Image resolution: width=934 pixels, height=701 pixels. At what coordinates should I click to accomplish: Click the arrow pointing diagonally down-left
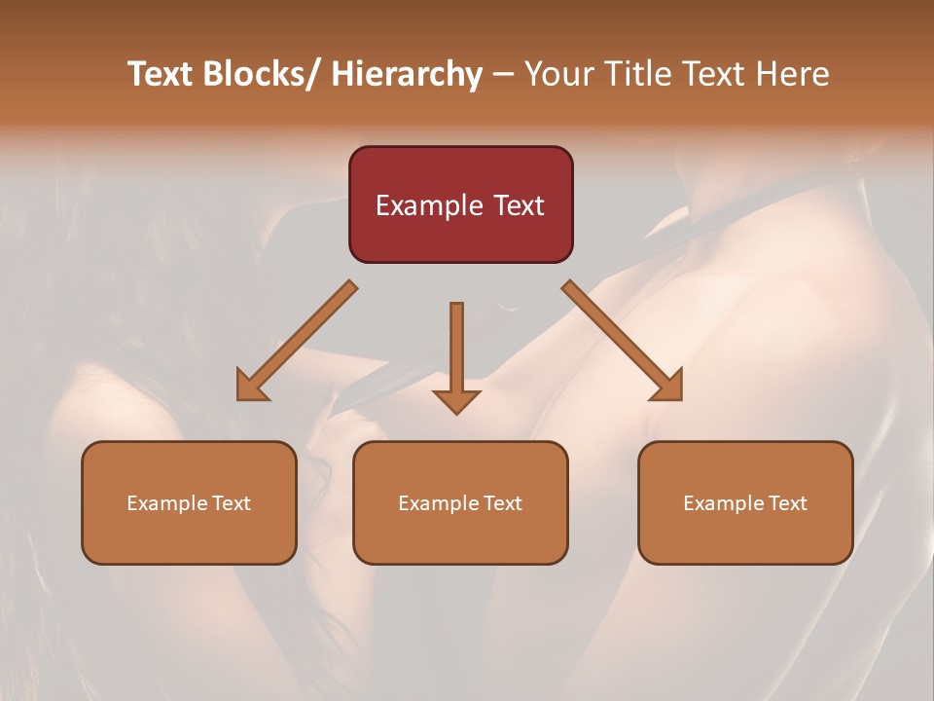pos(298,341)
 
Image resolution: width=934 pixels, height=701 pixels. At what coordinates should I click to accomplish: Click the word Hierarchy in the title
pos(407,74)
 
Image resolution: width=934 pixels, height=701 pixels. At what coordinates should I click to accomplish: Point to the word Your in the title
pos(557,74)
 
